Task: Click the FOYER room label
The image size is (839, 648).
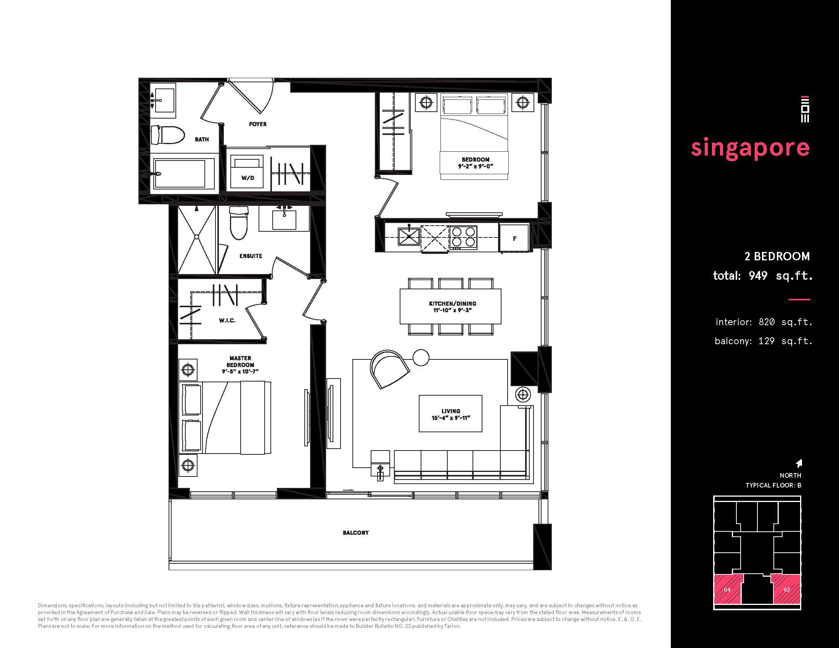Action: click(x=257, y=124)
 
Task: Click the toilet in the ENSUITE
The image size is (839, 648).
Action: click(x=239, y=223)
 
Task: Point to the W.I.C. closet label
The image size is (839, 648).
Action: click(x=227, y=320)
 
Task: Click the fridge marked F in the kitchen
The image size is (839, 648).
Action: click(x=514, y=238)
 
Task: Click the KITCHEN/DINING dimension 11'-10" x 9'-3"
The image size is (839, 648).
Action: click(x=453, y=310)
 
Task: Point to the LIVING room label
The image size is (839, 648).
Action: click(x=451, y=411)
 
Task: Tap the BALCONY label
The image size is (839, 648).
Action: click(x=356, y=533)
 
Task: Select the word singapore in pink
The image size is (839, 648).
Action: click(x=750, y=148)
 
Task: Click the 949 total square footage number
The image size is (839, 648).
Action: click(x=757, y=276)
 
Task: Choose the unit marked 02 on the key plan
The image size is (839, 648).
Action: click(x=786, y=589)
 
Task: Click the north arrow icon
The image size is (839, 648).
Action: click(x=799, y=464)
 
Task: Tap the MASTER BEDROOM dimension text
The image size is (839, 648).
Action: click(x=241, y=372)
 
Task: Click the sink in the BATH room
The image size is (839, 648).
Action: click(x=163, y=100)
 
